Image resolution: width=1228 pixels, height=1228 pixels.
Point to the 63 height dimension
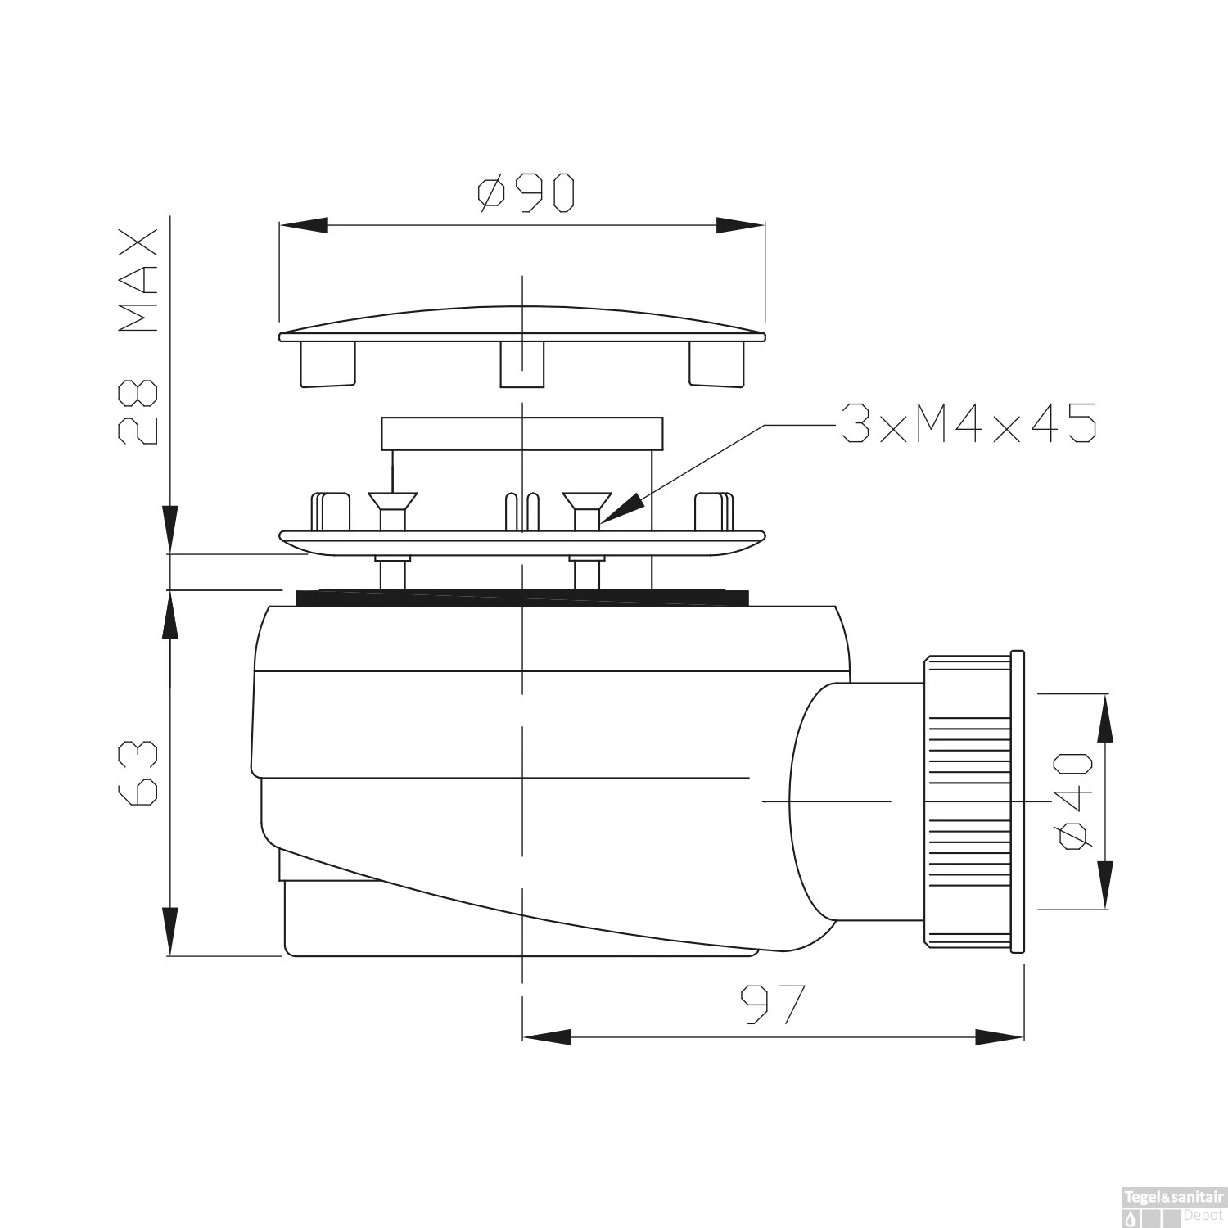click(x=137, y=774)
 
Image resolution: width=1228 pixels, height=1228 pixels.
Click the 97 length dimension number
click(x=773, y=1005)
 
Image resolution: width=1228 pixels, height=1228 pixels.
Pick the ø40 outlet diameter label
click(x=1073, y=801)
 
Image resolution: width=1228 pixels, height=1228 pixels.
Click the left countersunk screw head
click(x=393, y=501)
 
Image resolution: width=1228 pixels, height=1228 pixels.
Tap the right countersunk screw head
click(x=587, y=501)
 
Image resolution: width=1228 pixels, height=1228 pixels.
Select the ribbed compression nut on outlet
click(x=968, y=802)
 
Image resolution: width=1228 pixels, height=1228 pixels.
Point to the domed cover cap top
click(x=521, y=322)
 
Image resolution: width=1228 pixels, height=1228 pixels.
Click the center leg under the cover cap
click(x=521, y=364)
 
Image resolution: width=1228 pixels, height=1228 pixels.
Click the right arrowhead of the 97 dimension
click(x=999, y=1037)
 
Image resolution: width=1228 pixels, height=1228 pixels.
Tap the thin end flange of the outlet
click(x=1017, y=802)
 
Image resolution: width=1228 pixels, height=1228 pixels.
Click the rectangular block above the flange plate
click(x=521, y=433)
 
